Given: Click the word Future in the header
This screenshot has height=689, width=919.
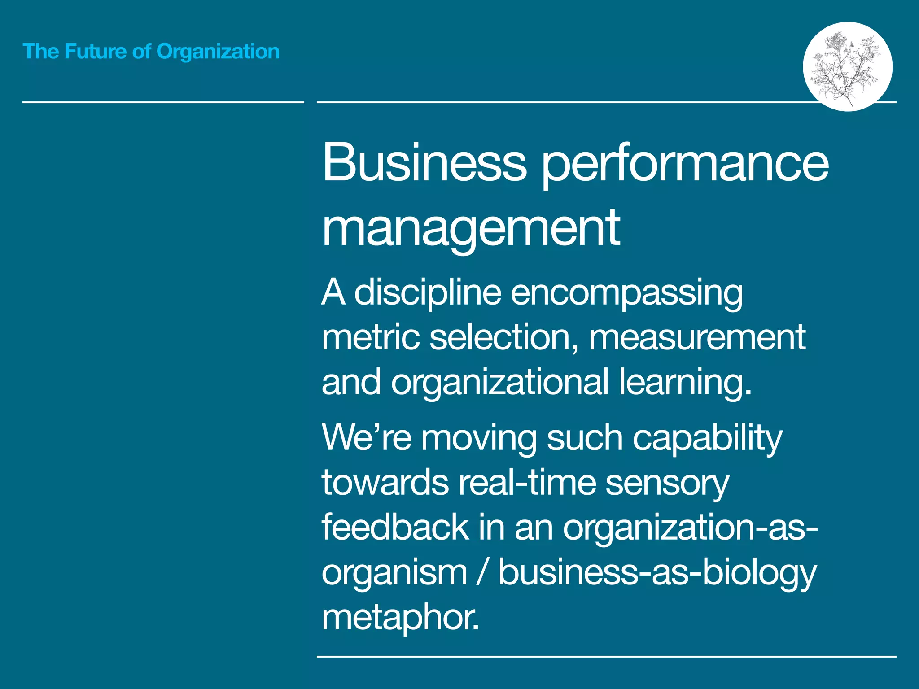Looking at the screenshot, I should pos(95,52).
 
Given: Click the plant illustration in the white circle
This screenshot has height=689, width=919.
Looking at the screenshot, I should pos(847,66).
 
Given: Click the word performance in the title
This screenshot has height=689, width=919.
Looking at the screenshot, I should pos(685,164).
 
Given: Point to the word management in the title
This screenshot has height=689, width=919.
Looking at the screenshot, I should pos(471,228).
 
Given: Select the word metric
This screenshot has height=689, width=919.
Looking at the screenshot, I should pos(371,337).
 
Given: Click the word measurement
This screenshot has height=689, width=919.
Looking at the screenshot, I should pos(697,337).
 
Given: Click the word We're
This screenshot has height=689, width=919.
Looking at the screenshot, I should pos(366,437).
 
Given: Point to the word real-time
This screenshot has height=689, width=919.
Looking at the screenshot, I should pos(527,483).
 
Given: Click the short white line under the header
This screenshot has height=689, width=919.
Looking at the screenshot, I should pos(163,102).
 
